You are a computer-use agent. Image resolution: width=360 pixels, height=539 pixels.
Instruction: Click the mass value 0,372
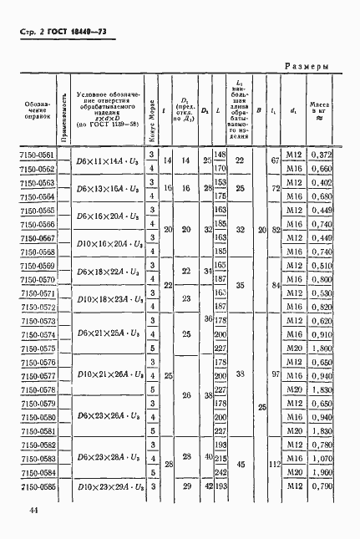tap(322, 155)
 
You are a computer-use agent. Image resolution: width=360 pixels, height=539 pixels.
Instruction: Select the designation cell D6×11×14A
tap(104, 162)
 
